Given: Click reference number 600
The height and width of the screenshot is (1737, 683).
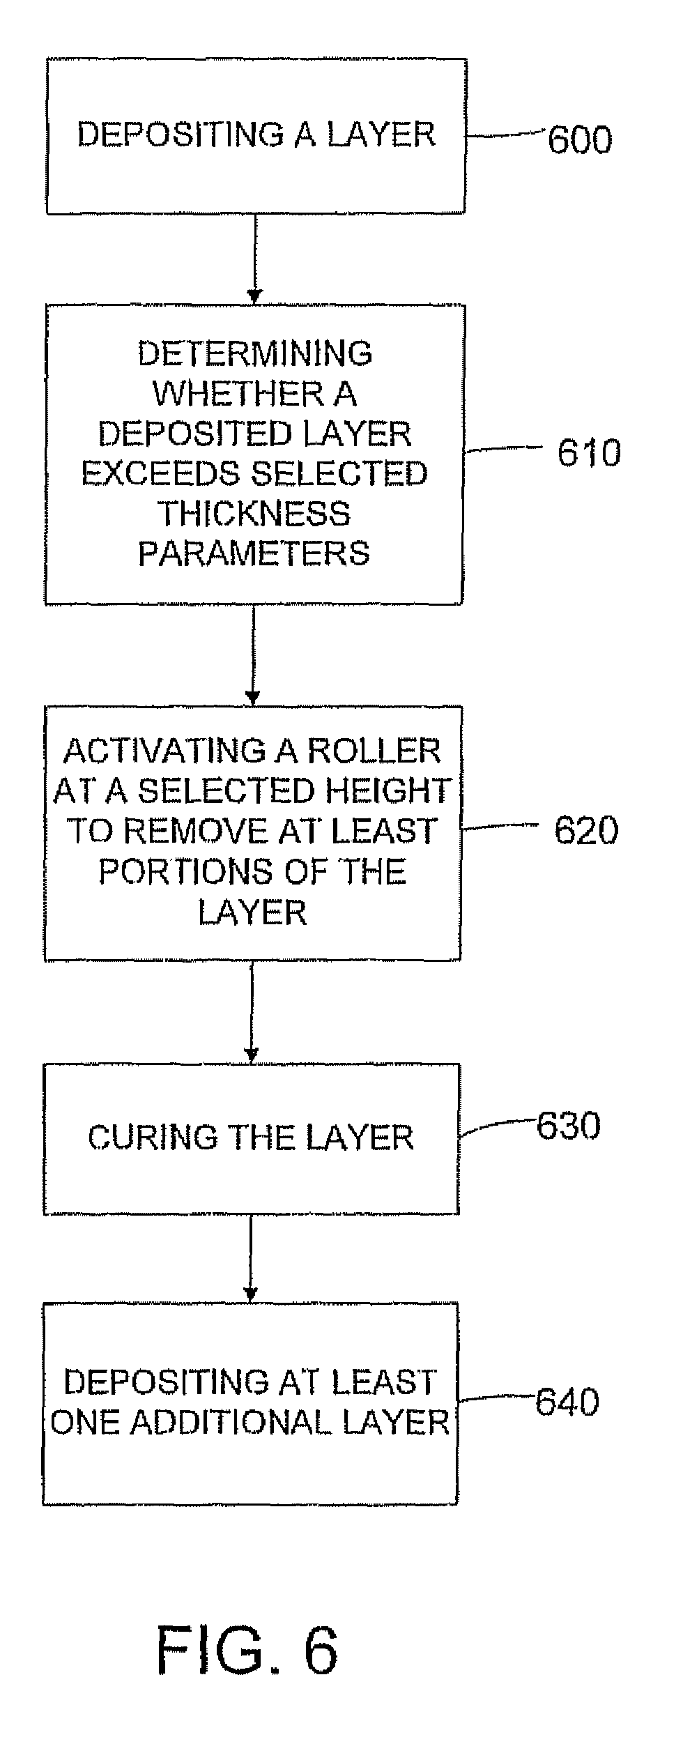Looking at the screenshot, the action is (x=580, y=139).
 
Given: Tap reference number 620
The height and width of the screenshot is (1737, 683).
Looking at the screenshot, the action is (x=586, y=830).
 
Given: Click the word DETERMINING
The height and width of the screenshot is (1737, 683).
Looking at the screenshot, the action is (x=255, y=353).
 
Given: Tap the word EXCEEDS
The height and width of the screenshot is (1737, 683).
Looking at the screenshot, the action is (x=162, y=474).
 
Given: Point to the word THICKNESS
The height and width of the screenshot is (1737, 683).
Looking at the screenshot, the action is (x=255, y=514).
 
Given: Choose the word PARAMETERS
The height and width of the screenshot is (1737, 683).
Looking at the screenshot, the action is (x=254, y=553).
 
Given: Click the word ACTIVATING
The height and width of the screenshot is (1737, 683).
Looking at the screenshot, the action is (x=164, y=751).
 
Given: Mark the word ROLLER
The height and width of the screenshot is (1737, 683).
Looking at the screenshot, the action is (x=374, y=751).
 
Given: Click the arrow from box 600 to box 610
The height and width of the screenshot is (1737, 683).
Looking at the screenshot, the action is (x=255, y=259).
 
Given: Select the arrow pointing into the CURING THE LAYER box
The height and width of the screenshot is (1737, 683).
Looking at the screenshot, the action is (x=252, y=1013).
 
